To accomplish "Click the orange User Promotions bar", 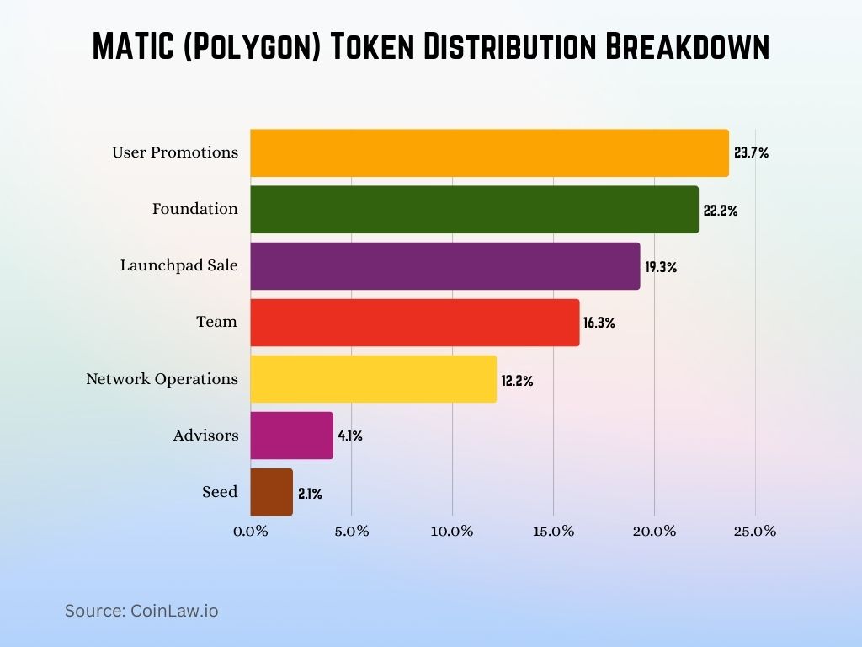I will coord(489,152).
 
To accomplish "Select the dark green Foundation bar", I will coord(474,209).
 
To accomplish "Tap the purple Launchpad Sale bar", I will coord(444,265).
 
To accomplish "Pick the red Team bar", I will coord(414,322).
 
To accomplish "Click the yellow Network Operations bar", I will coord(373,378).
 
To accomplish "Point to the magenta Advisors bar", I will coord(291,436).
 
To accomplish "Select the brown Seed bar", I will coord(271,492).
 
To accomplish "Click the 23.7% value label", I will coord(751,153).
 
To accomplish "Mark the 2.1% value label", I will coord(310,494).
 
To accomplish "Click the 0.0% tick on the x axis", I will coord(251,532).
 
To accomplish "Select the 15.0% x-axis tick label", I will coord(553,532).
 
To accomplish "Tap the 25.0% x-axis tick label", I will coord(755,532).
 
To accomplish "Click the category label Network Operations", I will coord(162,379).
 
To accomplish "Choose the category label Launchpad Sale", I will coord(178,265).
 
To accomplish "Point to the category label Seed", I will coord(220,492).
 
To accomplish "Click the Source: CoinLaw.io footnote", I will coord(141,611).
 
